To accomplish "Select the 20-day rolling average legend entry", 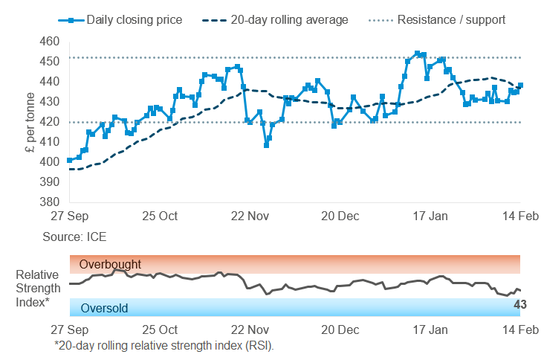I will (278, 19).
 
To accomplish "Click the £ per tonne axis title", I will (29, 122).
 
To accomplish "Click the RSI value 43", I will (520, 303).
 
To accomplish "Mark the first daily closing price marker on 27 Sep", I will (69, 160).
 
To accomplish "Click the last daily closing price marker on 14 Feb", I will (520, 86).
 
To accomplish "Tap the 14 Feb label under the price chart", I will (517, 216).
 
